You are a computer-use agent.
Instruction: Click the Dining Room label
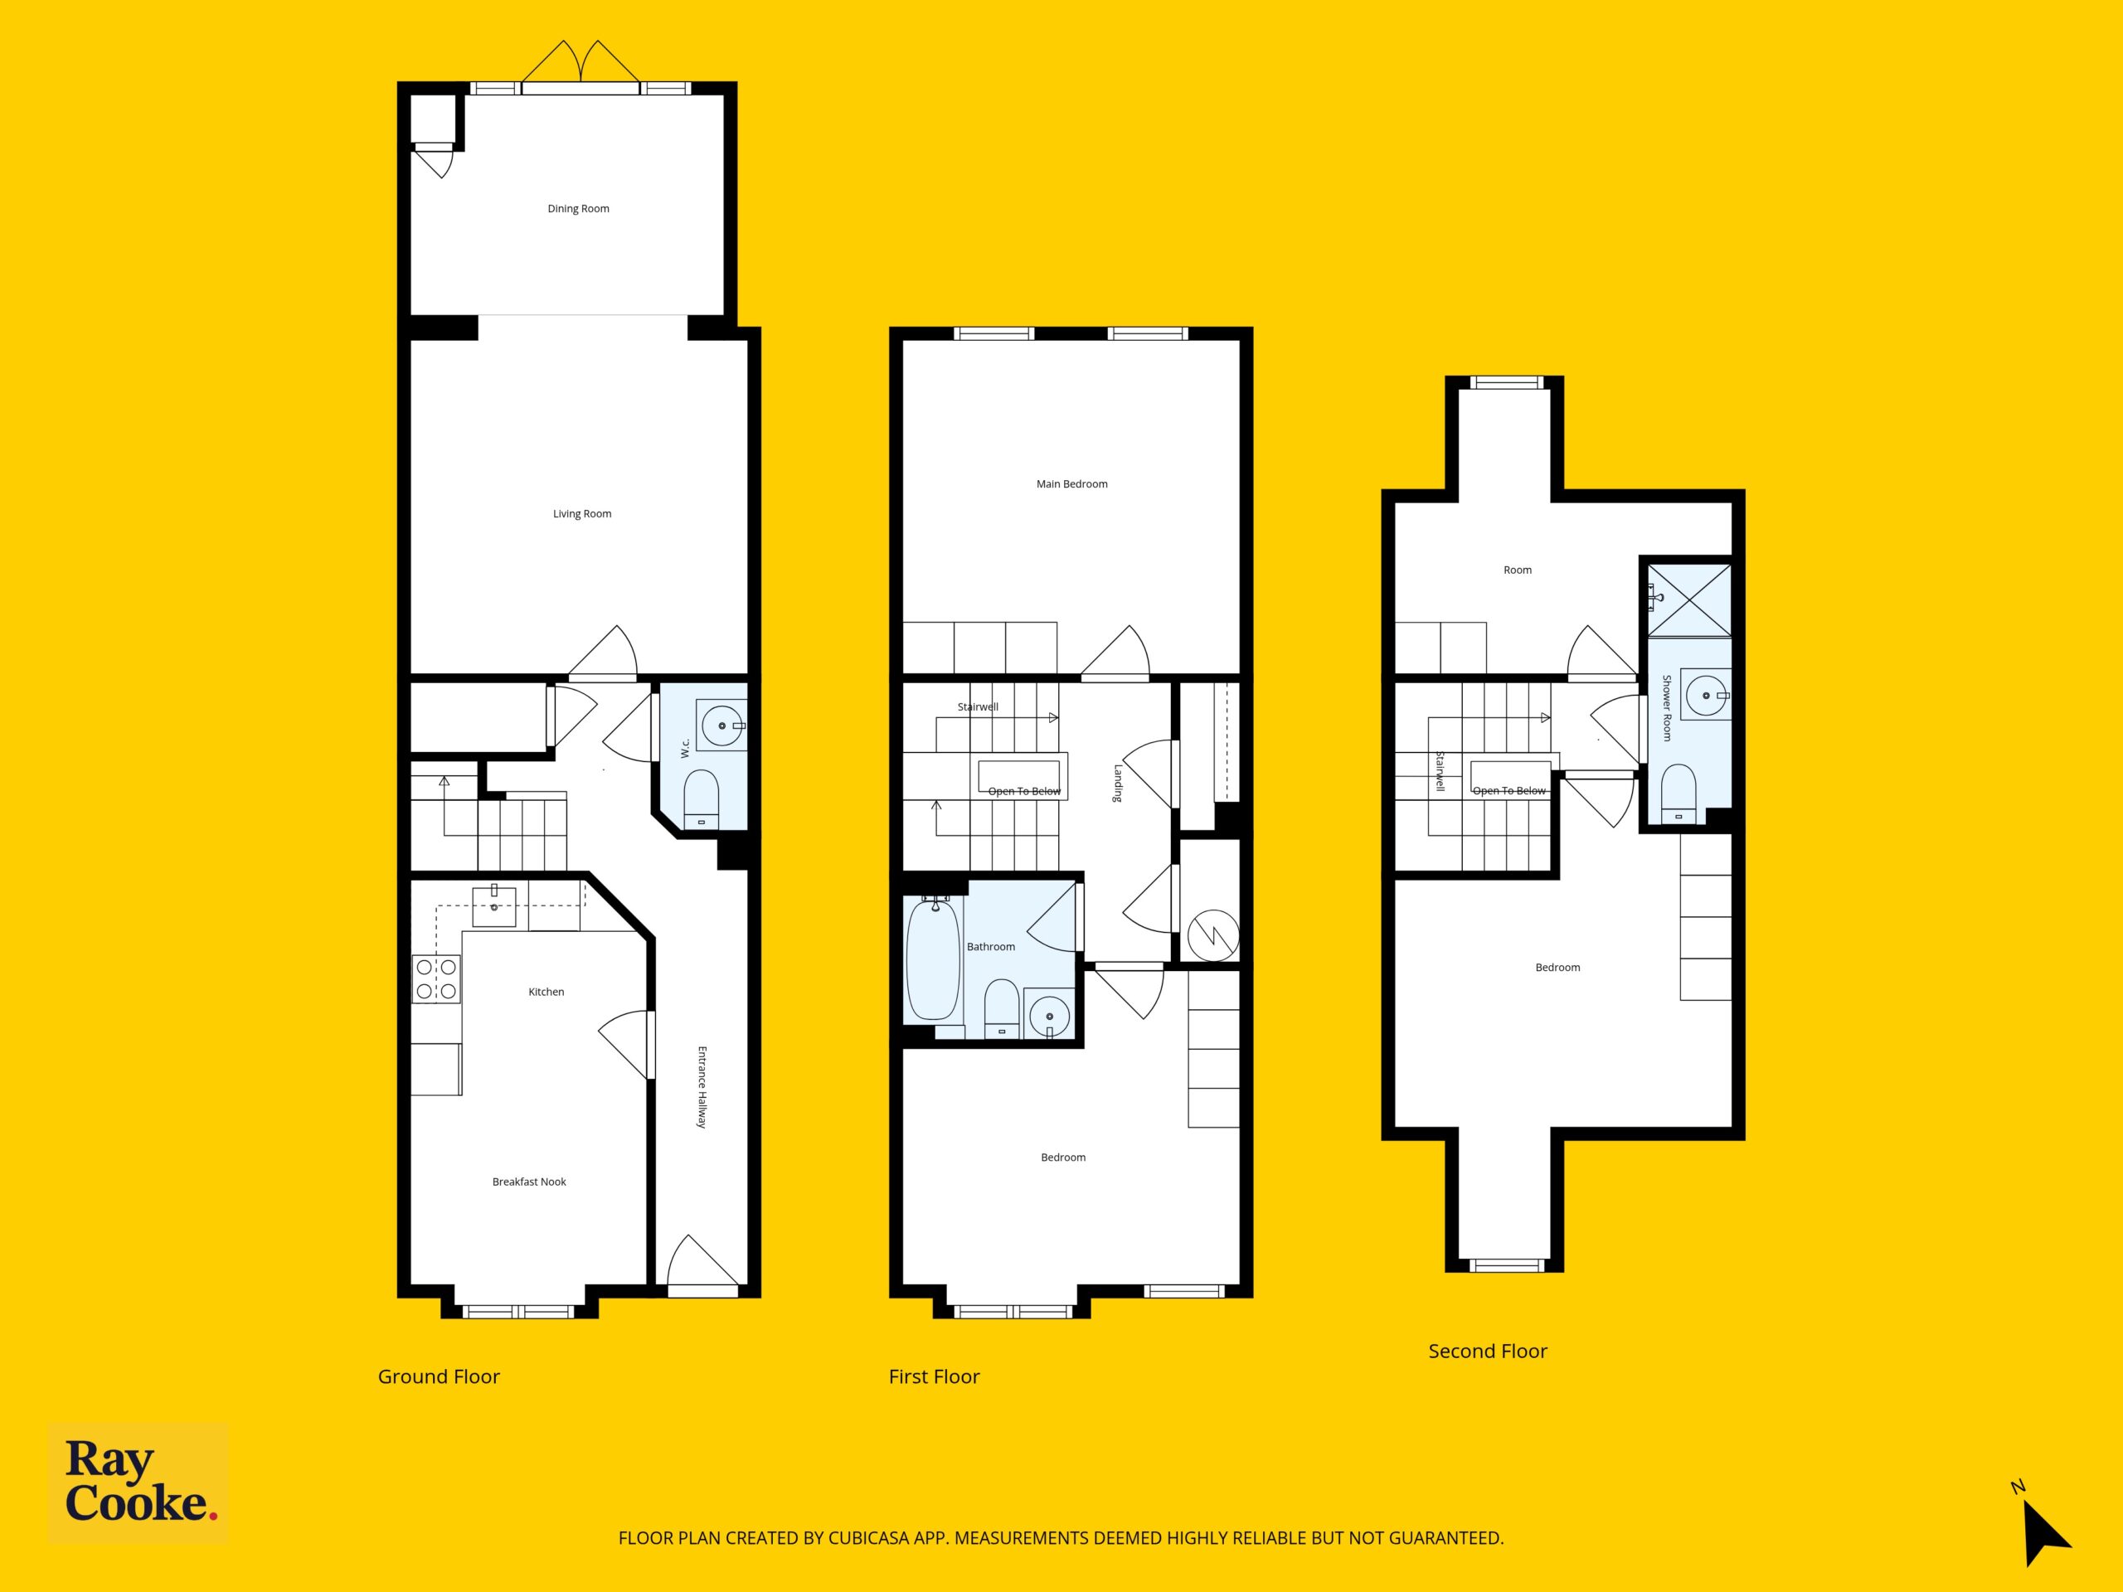[578, 208]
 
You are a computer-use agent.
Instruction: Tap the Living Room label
[581, 513]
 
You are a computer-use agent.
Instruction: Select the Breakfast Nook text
[529, 1182]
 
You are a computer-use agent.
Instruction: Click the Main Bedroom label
[1071, 483]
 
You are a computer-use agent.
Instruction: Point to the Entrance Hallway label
[702, 1086]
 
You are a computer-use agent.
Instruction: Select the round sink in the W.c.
[721, 726]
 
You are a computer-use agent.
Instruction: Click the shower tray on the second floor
[1689, 599]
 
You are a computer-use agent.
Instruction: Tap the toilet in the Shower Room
[1678, 794]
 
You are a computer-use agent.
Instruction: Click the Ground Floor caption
[439, 1376]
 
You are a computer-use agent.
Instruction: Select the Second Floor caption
[1488, 1352]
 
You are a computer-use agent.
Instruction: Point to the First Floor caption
[934, 1376]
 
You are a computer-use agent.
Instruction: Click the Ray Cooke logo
[139, 1482]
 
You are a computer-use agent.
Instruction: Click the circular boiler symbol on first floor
[1213, 934]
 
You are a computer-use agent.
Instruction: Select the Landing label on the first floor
[1117, 783]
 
